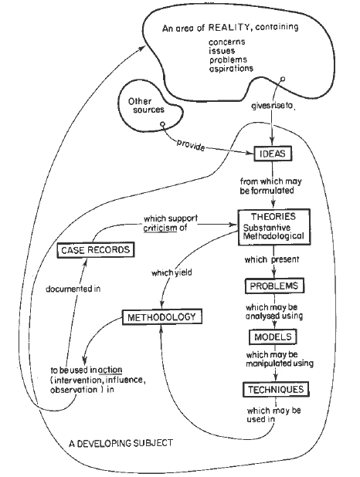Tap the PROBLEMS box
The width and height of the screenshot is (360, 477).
[x=271, y=286]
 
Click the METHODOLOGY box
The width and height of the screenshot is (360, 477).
[x=161, y=316]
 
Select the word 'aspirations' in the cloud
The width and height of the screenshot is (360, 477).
[x=232, y=69]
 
